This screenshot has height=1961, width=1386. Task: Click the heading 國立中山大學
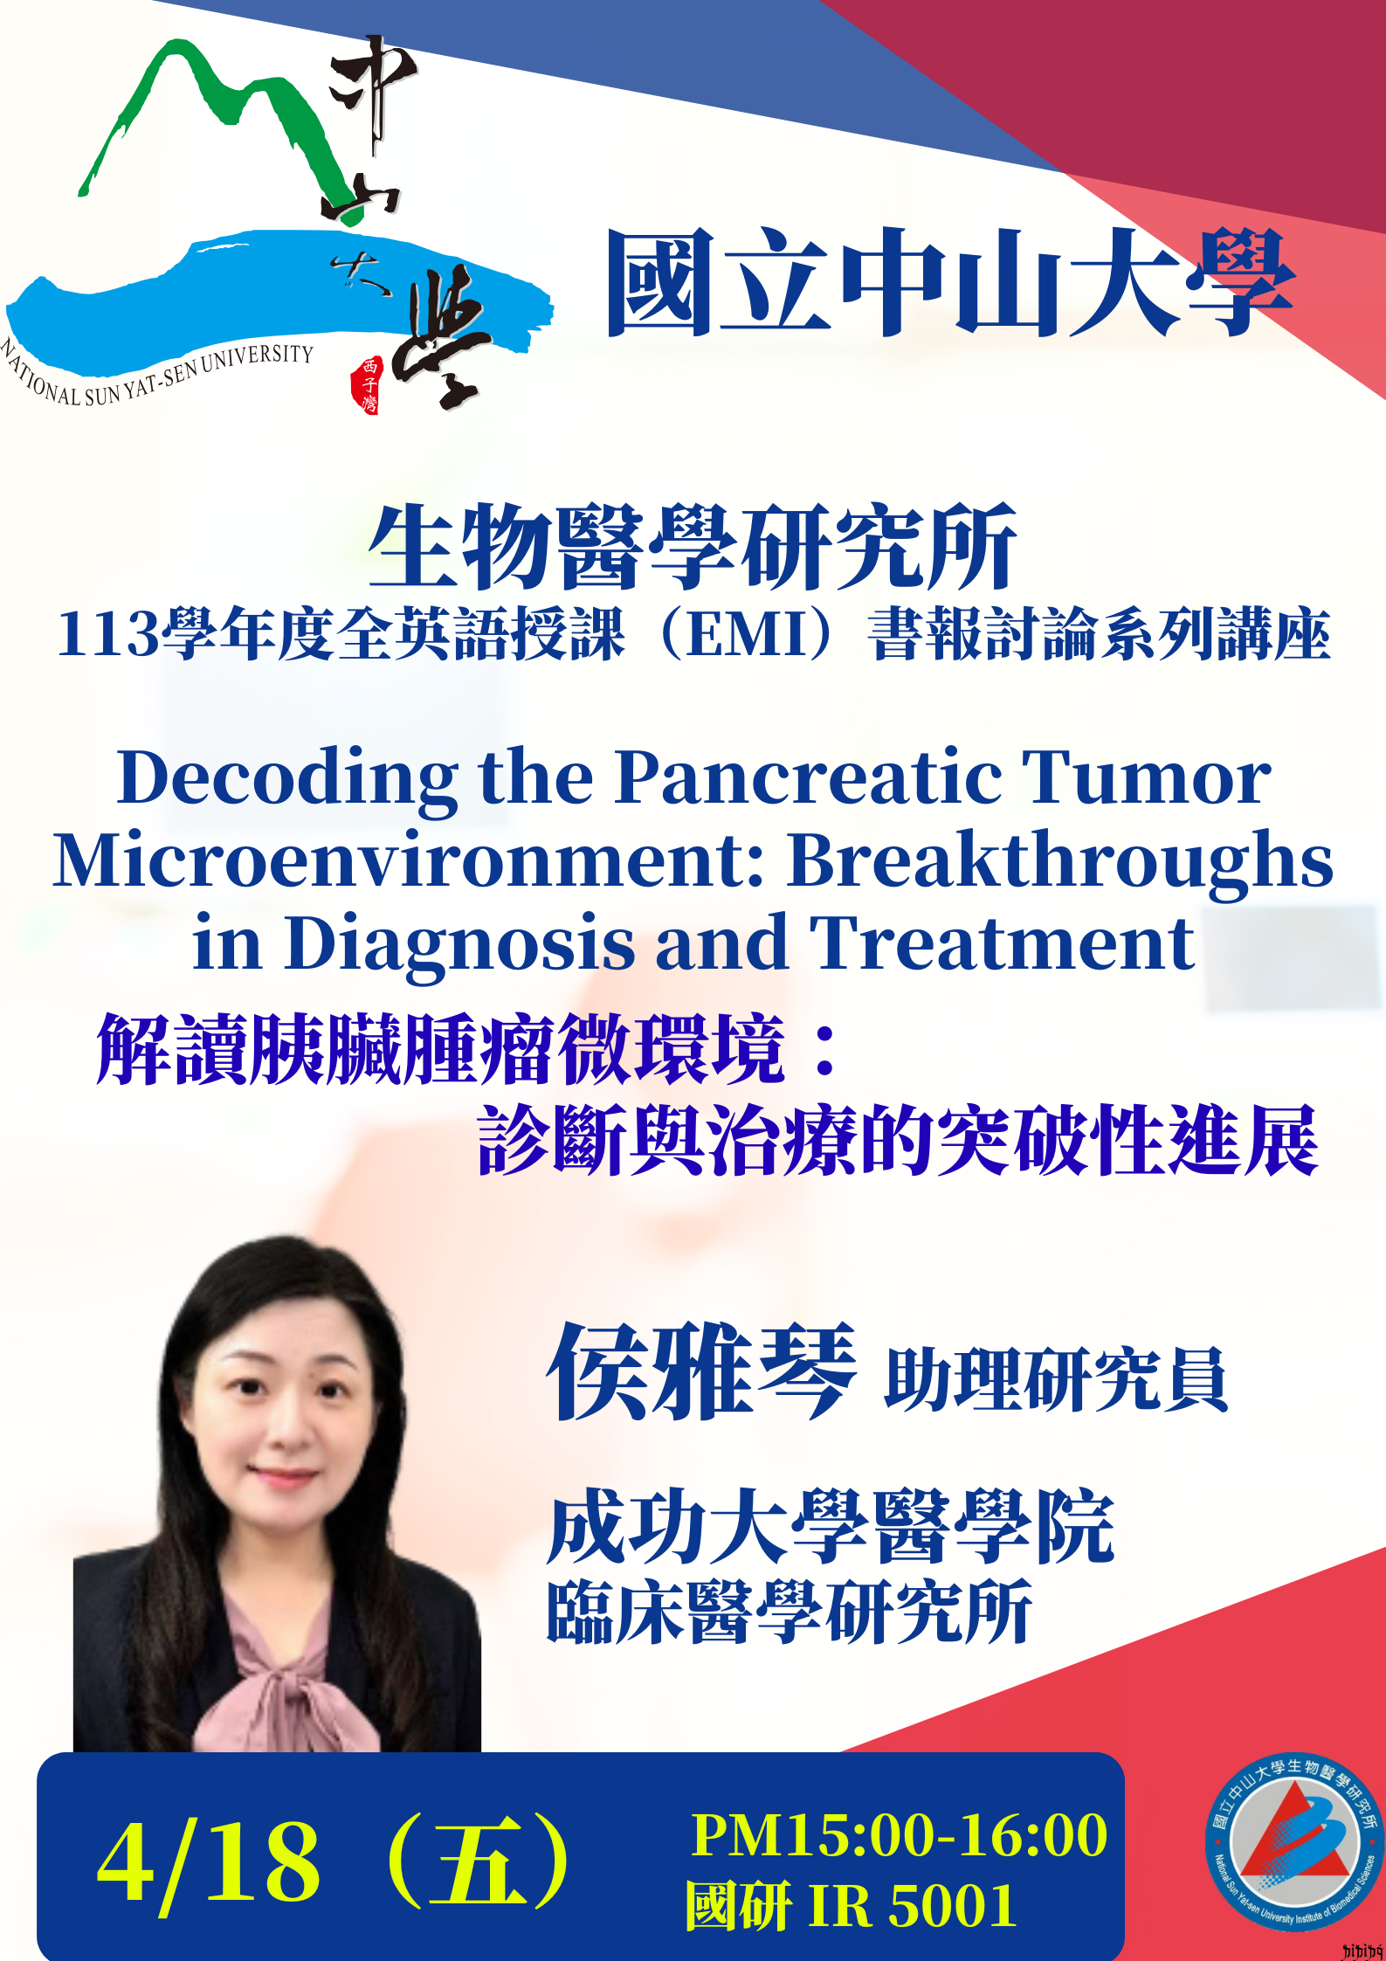tap(950, 282)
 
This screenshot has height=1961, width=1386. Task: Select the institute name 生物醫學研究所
tap(693, 548)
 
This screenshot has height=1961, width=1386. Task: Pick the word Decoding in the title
tap(288, 779)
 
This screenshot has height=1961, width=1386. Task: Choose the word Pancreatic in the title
tap(809, 777)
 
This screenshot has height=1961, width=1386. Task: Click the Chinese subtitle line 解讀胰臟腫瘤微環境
tap(441, 1049)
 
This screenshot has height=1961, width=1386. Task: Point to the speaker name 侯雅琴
tap(701, 1372)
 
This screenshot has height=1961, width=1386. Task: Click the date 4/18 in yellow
tap(209, 1863)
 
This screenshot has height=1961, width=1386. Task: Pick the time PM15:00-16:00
tap(900, 1835)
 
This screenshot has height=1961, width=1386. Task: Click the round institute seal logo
tap(1293, 1841)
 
